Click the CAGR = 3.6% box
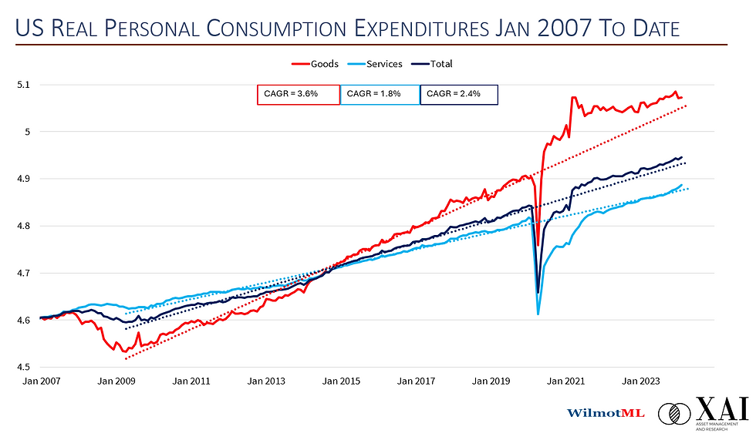tap(299, 94)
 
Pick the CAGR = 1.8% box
tap(380, 94)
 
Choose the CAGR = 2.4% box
tap(459, 94)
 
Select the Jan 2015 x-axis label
tap(341, 381)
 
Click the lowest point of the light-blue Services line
tap(538, 314)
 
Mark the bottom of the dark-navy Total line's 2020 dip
tap(538, 292)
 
